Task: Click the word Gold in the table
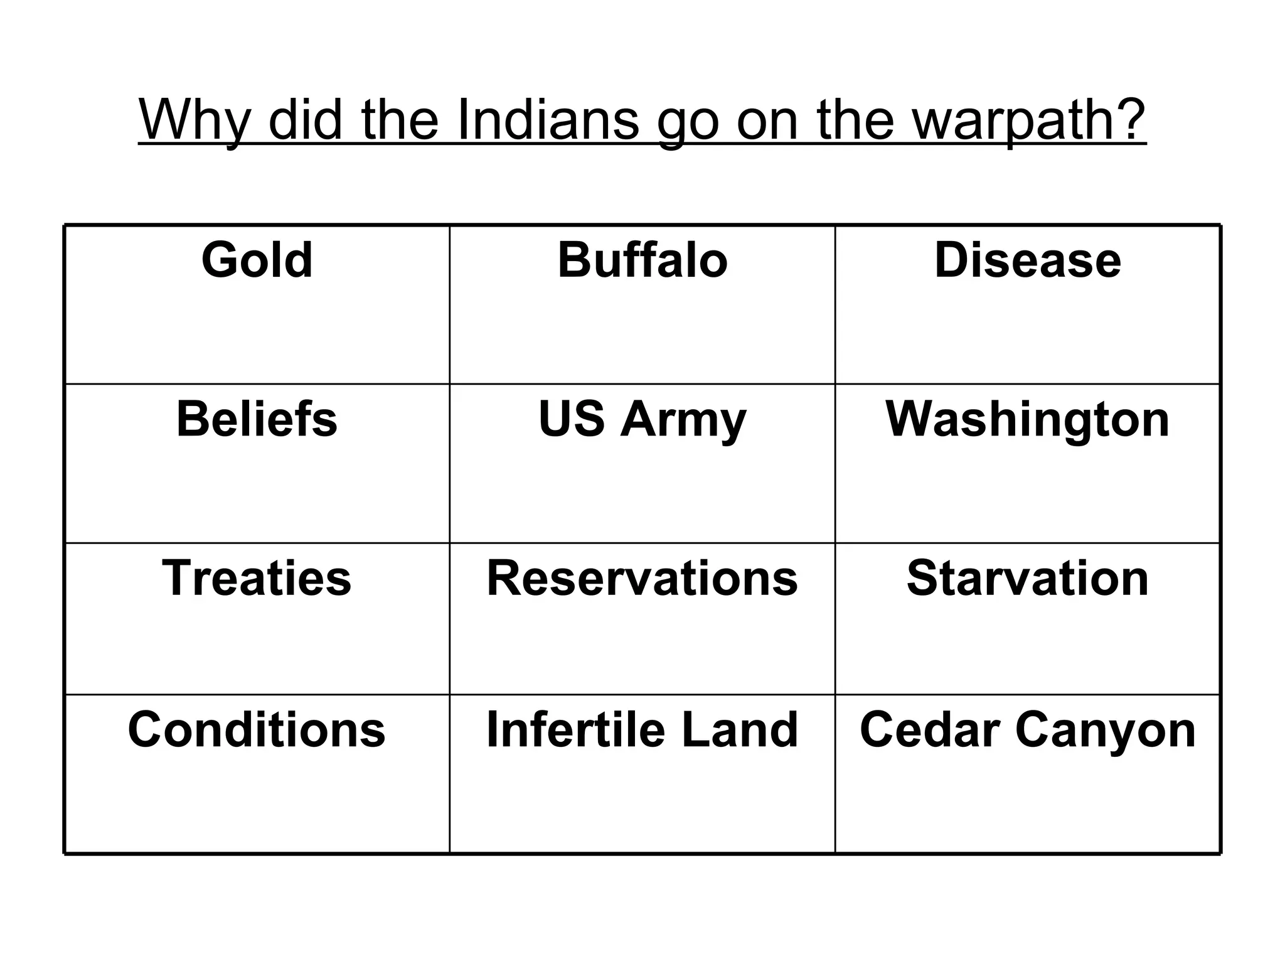[x=257, y=260]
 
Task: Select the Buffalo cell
[x=642, y=260]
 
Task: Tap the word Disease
[x=1027, y=260]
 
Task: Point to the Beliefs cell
[x=257, y=419]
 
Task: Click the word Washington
[x=1027, y=419]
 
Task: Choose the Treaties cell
[x=257, y=578]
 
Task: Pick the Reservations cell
[x=642, y=578]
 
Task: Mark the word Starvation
[x=1027, y=578]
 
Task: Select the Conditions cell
[x=257, y=729]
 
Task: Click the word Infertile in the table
[x=575, y=729]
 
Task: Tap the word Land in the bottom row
[x=740, y=729]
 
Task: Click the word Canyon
[x=1106, y=729]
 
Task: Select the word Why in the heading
[x=195, y=120]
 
